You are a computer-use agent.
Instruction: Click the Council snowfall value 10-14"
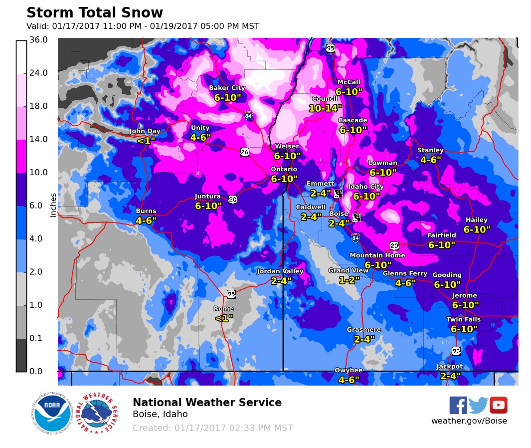tap(326, 108)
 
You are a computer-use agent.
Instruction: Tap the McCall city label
tap(349, 82)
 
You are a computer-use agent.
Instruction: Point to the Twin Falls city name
tap(464, 319)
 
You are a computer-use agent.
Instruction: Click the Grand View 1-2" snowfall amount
tap(349, 280)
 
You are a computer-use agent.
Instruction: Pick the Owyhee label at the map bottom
tap(349, 370)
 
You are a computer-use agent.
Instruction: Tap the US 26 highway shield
tap(245, 151)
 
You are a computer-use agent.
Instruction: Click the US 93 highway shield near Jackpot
tap(456, 351)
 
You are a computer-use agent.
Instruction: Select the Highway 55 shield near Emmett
tap(339, 193)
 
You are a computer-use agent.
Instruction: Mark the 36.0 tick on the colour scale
tap(39, 40)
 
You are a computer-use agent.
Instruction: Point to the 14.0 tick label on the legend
tap(39, 139)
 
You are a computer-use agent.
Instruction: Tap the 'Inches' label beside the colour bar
tap(53, 205)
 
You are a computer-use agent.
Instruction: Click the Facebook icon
tap(458, 405)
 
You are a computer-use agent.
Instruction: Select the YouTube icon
tap(498, 405)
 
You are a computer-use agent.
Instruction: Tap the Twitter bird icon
tap(478, 405)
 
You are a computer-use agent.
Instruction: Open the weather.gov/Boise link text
tap(469, 421)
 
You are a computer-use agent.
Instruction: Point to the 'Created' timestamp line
tap(212, 428)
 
